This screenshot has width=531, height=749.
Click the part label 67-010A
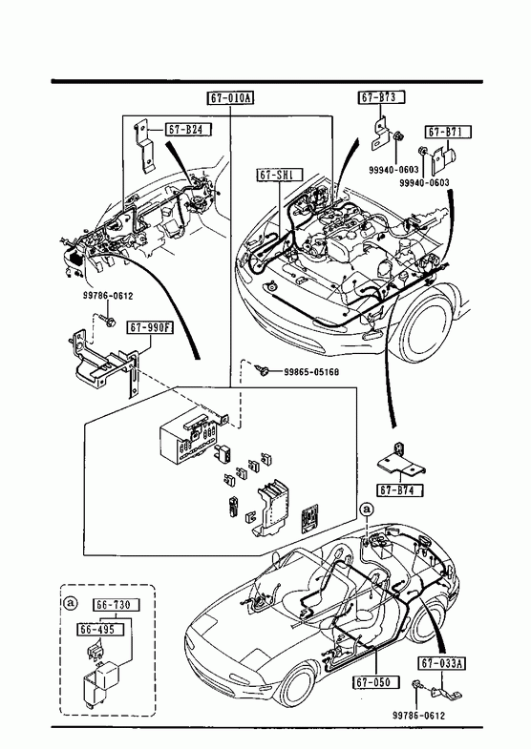(x=230, y=98)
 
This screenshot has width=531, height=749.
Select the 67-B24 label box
(x=188, y=130)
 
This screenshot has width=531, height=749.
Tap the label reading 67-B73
(x=381, y=97)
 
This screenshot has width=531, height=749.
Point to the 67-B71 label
(x=448, y=132)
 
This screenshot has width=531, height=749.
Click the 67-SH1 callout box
(x=280, y=175)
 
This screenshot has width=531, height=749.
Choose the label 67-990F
(x=150, y=328)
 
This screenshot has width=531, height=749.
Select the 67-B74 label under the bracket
(x=400, y=490)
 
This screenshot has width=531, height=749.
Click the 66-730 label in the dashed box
(x=117, y=605)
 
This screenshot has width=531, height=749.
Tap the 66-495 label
(x=100, y=630)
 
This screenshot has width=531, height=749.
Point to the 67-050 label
(x=376, y=682)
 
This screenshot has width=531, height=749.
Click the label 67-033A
(x=443, y=663)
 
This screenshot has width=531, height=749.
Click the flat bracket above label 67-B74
(x=400, y=463)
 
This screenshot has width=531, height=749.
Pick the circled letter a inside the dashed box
(x=71, y=603)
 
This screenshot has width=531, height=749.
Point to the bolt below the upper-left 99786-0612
(x=109, y=320)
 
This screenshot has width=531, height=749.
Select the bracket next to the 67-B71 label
(x=443, y=161)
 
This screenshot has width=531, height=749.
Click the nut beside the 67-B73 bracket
(x=399, y=137)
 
